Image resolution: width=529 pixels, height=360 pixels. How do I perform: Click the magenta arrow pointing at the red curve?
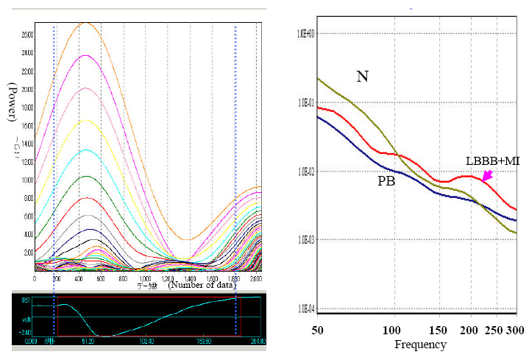(x=486, y=175)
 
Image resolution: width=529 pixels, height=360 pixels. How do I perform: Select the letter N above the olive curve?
(x=362, y=76)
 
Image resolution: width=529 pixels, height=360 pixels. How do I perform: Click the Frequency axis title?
(x=419, y=344)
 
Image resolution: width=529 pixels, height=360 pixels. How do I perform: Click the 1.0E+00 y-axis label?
(x=306, y=34)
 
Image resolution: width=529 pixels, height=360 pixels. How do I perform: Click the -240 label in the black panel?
(x=25, y=333)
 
